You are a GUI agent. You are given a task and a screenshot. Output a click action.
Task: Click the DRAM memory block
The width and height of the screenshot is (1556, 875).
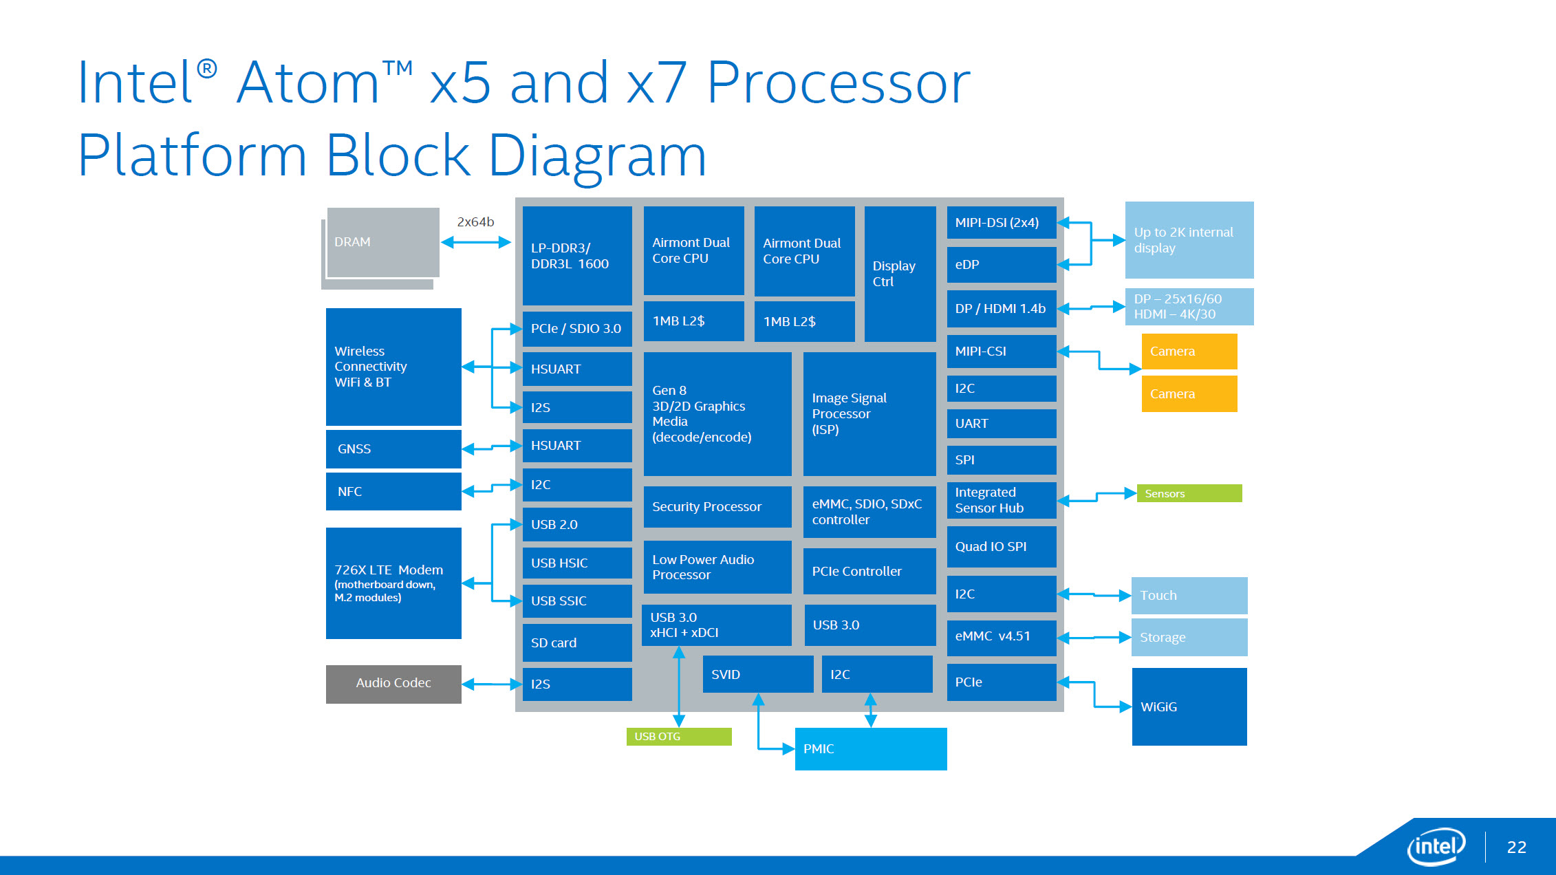383,242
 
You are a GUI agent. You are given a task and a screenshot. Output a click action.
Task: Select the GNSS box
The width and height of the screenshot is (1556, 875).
393,449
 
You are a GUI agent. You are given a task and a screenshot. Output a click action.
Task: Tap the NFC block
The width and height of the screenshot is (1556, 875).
393,491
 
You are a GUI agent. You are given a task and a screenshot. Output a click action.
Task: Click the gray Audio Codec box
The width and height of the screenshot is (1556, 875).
393,684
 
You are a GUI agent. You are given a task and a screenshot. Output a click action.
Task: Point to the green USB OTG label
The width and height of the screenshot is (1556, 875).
679,737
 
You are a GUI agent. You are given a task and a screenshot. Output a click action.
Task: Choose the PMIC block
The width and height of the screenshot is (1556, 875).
871,749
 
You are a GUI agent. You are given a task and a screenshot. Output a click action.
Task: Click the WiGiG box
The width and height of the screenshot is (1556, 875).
1189,706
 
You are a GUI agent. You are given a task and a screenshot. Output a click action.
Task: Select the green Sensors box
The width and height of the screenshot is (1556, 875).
1189,493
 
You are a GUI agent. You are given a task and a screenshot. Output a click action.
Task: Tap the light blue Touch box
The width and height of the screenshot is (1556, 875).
1189,596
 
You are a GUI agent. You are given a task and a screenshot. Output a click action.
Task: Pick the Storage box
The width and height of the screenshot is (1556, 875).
1189,637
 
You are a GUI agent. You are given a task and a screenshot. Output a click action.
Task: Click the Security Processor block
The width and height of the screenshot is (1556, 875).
717,507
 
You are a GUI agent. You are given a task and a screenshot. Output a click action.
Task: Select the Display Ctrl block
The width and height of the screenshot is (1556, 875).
900,274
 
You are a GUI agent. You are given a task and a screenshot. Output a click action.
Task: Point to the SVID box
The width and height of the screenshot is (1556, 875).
758,674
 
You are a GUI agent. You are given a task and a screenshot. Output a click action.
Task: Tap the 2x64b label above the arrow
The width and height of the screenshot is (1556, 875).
475,222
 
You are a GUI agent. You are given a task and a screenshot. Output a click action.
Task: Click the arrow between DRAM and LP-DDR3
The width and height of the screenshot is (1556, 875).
476,242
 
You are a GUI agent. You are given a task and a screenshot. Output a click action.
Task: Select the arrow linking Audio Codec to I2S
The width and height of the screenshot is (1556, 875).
492,684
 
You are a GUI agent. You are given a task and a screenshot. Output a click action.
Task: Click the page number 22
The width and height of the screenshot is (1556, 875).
1517,847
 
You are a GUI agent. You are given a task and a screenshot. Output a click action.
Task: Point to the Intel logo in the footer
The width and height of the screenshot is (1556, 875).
1436,846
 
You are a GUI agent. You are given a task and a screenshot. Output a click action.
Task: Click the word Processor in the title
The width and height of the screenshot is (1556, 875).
839,83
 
